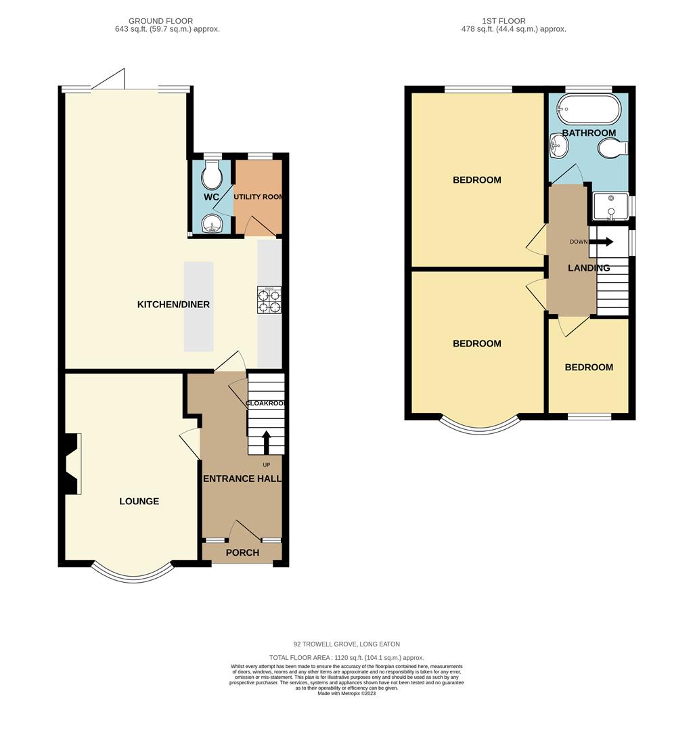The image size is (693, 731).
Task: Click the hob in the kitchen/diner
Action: pos(269,300)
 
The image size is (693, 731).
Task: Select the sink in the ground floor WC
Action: pos(213,224)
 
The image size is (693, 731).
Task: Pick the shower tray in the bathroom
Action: pos(611,206)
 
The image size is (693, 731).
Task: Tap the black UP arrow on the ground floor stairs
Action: pos(267,443)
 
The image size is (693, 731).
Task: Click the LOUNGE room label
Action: pos(139,501)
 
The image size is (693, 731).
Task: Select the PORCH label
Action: pos(242,552)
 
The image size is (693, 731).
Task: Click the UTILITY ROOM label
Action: pos(259,197)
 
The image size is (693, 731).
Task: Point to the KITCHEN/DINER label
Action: pos(173,305)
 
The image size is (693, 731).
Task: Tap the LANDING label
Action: pos(589,267)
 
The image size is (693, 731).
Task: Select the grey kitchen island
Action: pos(198,307)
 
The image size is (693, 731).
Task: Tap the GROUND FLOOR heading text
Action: pos(161,21)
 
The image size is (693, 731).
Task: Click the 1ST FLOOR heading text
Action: pos(504,21)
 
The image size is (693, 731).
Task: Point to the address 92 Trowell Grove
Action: pos(346,644)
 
